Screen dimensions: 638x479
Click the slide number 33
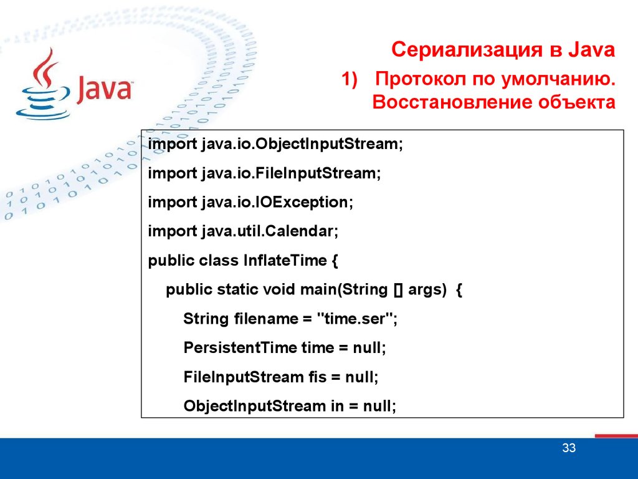pos(569,448)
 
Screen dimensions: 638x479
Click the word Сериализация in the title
pos(467,50)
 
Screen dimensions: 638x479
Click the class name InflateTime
pos(285,260)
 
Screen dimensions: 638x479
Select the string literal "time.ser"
pos(355,319)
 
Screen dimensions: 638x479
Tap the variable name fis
pos(317,377)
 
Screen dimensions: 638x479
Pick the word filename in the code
pos(265,319)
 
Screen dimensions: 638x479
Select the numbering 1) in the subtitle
pos(349,79)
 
